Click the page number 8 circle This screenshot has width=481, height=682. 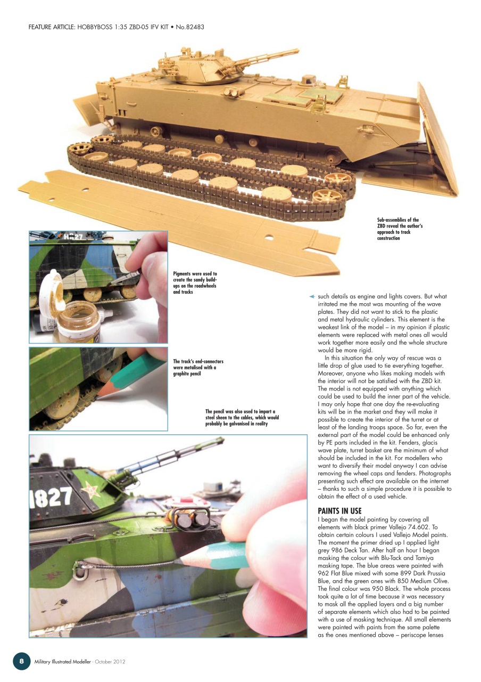[x=21, y=661]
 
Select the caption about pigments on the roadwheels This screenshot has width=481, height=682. [x=195, y=282]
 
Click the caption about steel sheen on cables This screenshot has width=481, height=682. [x=242, y=417]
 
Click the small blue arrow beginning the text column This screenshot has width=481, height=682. [x=312, y=296]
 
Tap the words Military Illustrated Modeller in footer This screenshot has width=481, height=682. [x=61, y=661]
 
